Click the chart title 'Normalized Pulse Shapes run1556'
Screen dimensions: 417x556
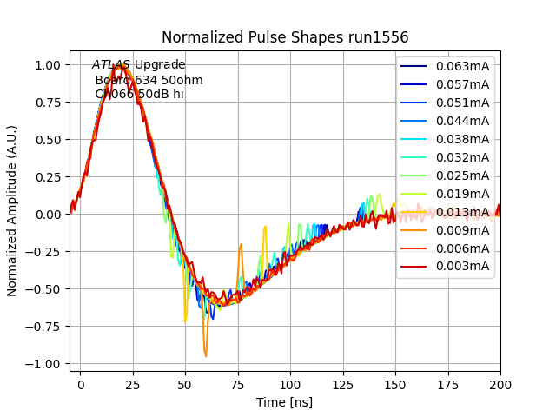pos(285,37)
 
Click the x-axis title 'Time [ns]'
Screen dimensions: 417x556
pos(285,402)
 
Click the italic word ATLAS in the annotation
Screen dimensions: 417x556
pos(111,65)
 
